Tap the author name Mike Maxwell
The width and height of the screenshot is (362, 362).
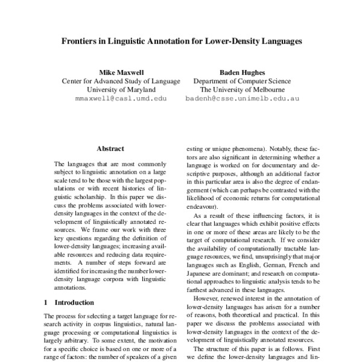[121, 71]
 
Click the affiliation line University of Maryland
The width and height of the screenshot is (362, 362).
[121, 89]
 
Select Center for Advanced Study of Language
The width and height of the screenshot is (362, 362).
[121, 80]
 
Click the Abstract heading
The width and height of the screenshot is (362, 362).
[110, 148]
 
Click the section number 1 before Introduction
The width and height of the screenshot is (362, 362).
[47, 301]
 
